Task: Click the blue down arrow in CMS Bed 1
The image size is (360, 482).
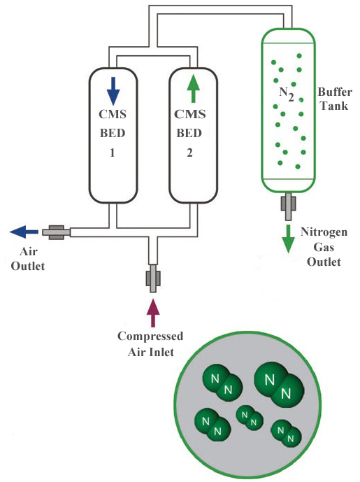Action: tap(113, 91)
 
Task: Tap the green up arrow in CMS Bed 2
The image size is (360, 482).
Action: tap(193, 89)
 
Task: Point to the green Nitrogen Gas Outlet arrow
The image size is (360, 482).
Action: tap(288, 239)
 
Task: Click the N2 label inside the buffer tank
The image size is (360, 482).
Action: tap(287, 94)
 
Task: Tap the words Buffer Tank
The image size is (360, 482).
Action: tap(335, 99)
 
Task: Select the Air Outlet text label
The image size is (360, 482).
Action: tap(28, 259)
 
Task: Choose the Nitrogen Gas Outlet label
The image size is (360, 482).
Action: tap(324, 247)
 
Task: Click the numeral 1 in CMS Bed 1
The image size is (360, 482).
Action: tap(113, 153)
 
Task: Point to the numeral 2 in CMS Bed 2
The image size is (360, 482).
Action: tap(190, 153)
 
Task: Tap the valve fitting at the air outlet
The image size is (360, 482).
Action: tap(56, 232)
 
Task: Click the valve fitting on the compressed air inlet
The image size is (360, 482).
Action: tap(153, 278)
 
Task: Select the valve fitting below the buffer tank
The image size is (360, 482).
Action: tap(289, 206)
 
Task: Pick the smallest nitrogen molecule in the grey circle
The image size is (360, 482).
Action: tap(250, 418)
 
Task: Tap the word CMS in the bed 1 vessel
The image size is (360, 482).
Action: tap(113, 114)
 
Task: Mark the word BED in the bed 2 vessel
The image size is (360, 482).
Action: tap(189, 134)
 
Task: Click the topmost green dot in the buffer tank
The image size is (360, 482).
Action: tap(299, 56)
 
